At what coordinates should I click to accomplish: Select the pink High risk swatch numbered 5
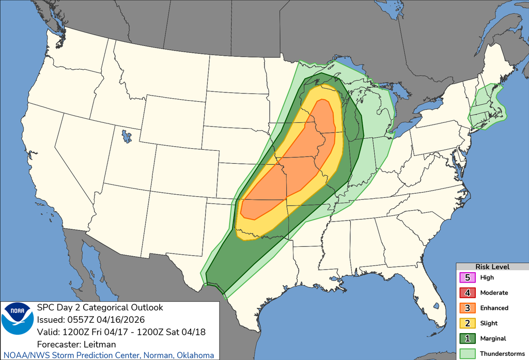[467, 277]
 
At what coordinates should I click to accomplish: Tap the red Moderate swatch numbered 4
[467, 292]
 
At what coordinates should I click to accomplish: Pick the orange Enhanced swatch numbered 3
[467, 308]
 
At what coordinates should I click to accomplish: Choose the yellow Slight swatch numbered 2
[467, 323]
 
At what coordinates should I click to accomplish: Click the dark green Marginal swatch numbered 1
[467, 338]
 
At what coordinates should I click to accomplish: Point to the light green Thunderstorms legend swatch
[467, 353]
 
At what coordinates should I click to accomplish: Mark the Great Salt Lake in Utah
[126, 137]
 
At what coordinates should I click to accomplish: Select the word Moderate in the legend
[494, 293]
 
